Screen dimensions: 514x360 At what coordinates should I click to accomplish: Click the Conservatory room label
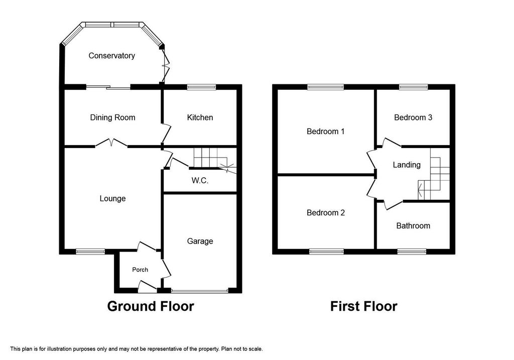(x=111, y=56)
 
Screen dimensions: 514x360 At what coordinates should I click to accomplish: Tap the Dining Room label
(x=112, y=117)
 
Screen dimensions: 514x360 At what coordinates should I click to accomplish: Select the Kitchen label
(x=200, y=117)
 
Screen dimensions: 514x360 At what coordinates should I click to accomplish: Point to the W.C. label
(x=200, y=180)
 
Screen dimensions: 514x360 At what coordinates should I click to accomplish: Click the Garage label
(x=200, y=242)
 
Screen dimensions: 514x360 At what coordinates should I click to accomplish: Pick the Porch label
(x=140, y=270)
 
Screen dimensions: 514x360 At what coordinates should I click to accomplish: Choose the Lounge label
(x=112, y=199)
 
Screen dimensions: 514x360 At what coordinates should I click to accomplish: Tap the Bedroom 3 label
(x=413, y=117)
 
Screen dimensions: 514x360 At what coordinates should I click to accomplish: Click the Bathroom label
(x=413, y=225)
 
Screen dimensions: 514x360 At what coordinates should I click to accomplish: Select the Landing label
(x=407, y=165)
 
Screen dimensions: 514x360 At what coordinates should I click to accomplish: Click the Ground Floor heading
(x=151, y=306)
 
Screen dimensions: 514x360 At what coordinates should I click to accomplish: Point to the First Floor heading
(x=363, y=306)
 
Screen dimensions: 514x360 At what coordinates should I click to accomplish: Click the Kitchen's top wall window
(x=202, y=87)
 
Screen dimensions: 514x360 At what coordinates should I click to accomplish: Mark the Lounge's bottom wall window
(x=90, y=252)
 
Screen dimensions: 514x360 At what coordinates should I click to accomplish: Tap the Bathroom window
(x=412, y=252)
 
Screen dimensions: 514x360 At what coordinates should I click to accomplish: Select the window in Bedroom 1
(x=325, y=87)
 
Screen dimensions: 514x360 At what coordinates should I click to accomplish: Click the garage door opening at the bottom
(x=200, y=291)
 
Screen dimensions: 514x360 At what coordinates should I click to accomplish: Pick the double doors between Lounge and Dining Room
(x=111, y=143)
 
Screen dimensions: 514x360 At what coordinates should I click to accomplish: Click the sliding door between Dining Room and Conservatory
(x=108, y=87)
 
